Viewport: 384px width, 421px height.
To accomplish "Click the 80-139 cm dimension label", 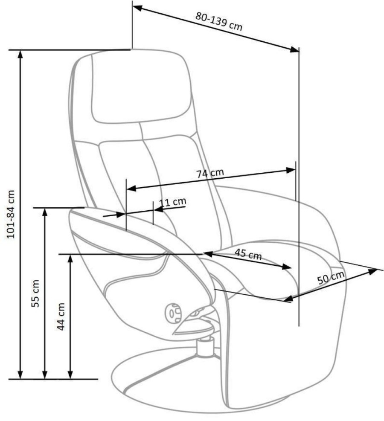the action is point(219,21).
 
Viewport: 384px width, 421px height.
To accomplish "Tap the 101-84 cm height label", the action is point(11,214).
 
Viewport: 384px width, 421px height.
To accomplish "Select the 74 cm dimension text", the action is point(210,173).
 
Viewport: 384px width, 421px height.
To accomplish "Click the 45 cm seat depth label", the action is point(248,254).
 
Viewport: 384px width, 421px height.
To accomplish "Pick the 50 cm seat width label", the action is point(331,278).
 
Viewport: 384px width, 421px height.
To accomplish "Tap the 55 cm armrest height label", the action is point(35,293).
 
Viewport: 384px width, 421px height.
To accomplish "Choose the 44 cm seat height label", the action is point(61,316).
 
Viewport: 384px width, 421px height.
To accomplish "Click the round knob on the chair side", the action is point(173,314).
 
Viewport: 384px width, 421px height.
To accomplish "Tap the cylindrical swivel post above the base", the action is point(205,348).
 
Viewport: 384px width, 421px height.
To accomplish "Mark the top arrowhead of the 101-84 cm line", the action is point(20,54).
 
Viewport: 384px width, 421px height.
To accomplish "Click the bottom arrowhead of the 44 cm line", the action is point(70,375).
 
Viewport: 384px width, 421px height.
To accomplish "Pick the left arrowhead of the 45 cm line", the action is point(208,254).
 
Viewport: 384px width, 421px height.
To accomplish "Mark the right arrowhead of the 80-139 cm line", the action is point(294,49).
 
